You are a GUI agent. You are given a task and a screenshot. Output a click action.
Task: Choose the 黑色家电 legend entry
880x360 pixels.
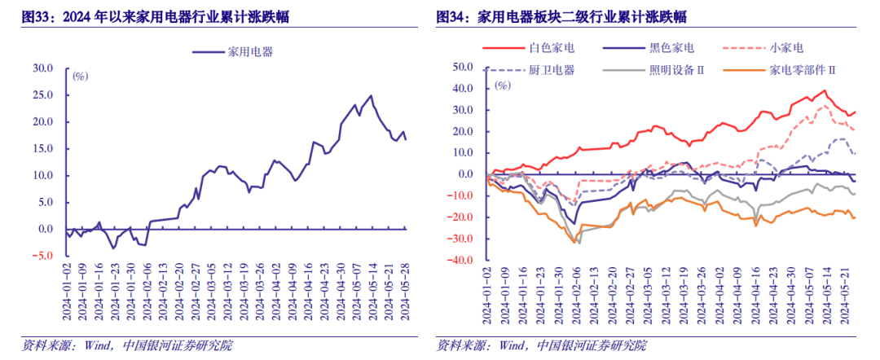click(x=671, y=50)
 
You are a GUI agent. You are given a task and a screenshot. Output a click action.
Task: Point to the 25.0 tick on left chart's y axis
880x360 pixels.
click(x=42, y=95)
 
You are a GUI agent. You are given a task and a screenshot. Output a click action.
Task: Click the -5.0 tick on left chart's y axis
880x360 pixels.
click(x=42, y=256)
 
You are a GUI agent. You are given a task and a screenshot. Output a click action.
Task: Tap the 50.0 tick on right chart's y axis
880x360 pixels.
click(x=465, y=67)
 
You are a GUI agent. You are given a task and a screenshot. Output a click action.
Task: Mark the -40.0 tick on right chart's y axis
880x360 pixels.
click(x=463, y=261)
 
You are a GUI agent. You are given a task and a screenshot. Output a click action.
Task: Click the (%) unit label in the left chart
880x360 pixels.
click(x=80, y=77)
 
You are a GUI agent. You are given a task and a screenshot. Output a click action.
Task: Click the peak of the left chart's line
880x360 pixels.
click(x=372, y=95)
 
